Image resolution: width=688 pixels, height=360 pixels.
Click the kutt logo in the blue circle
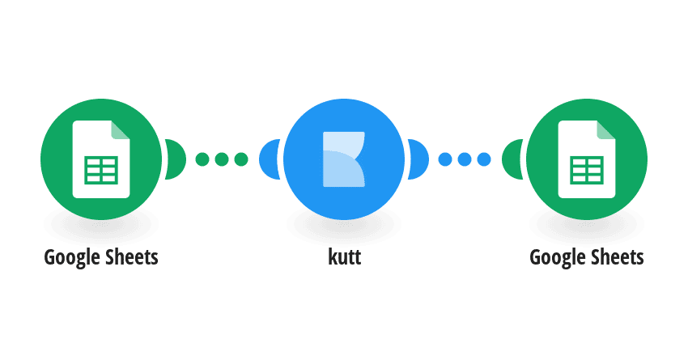tap(344, 159)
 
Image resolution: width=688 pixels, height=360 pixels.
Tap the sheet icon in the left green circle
tap(101, 159)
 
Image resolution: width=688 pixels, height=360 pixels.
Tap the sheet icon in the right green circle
tap(587, 159)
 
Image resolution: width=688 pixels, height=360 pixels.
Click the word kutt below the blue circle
tap(345, 257)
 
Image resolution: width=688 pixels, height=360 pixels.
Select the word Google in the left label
tap(72, 258)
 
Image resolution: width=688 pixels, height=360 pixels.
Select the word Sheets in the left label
tap(132, 257)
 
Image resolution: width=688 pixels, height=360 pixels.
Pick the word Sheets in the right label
tap(618, 257)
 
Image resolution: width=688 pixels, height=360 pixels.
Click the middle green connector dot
tap(222, 159)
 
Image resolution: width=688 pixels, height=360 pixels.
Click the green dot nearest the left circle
tap(202, 159)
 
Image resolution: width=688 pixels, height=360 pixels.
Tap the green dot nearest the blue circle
tap(241, 159)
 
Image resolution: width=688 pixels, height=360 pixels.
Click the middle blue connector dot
tap(465, 159)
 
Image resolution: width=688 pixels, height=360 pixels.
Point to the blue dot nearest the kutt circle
tap(445, 159)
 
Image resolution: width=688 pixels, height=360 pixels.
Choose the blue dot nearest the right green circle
tap(484, 159)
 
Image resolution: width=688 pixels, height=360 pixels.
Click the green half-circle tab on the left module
tap(176, 159)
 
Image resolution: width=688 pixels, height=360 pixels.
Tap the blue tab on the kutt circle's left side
tap(269, 159)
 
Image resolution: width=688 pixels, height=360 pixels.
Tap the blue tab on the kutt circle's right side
tap(418, 159)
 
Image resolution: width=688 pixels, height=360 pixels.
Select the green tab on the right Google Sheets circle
tap(512, 159)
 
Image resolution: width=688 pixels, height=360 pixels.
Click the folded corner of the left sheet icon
tap(121, 129)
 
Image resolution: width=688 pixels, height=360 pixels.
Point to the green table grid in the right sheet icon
tap(587, 170)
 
